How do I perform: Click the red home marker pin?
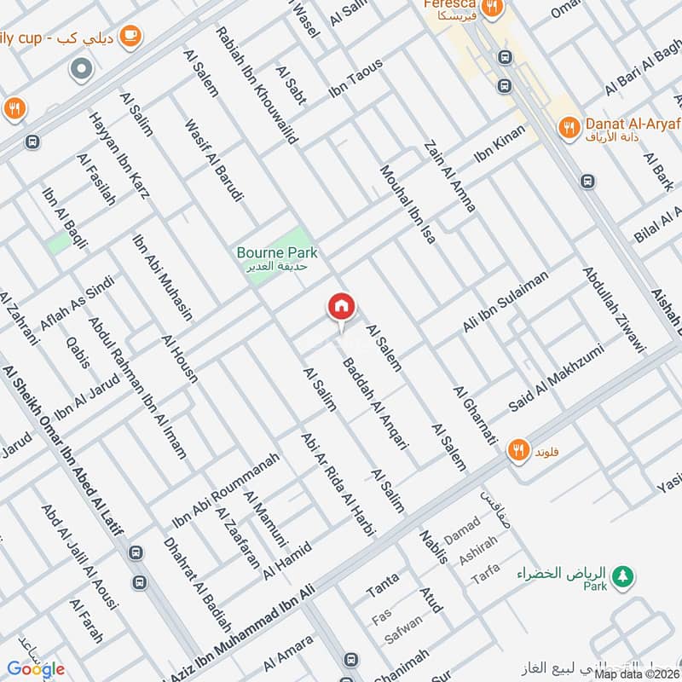[341, 307]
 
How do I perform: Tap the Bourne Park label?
[276, 253]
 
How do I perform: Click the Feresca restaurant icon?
[491, 9]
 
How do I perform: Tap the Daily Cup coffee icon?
[130, 35]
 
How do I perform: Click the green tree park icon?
[624, 575]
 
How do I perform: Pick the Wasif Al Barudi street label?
[214, 159]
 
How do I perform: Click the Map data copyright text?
[635, 673]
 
